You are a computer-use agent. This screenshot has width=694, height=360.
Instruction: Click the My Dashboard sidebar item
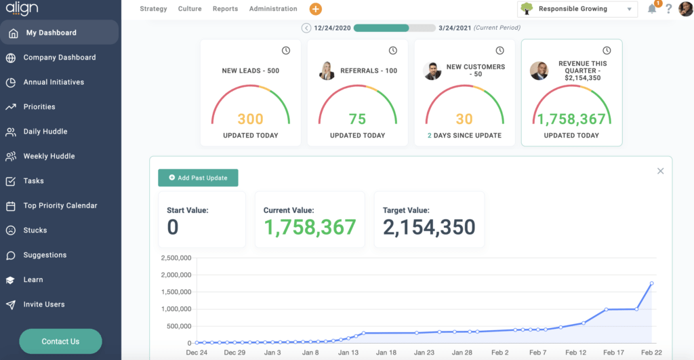pyautogui.click(x=51, y=33)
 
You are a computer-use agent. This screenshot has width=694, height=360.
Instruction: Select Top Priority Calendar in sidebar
pyautogui.click(x=60, y=205)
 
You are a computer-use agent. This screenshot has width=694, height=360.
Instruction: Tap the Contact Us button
pyautogui.click(x=60, y=341)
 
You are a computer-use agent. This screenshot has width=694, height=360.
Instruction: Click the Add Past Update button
pyautogui.click(x=198, y=178)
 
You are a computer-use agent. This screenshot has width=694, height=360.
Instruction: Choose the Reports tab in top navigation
pyautogui.click(x=225, y=9)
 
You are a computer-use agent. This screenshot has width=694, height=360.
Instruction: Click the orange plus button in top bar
pyautogui.click(x=315, y=9)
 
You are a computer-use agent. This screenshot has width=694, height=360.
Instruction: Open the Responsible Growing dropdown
pyautogui.click(x=577, y=9)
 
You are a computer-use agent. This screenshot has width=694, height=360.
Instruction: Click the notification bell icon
pyautogui.click(x=652, y=9)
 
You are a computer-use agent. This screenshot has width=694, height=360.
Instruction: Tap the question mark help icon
pyautogui.click(x=668, y=9)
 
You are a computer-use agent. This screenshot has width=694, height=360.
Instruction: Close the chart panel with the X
pyautogui.click(x=660, y=171)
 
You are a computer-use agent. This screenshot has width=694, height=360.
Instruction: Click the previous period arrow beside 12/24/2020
pyautogui.click(x=306, y=28)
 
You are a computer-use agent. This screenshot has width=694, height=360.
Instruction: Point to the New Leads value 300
pyautogui.click(x=250, y=119)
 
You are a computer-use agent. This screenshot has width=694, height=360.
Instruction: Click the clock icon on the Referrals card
pyautogui.click(x=392, y=51)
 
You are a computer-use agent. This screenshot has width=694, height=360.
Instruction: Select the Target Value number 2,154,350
pyautogui.click(x=429, y=228)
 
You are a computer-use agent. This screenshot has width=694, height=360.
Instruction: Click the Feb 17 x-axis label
pyautogui.click(x=613, y=353)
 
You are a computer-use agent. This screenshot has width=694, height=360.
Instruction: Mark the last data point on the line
pyautogui.click(x=651, y=283)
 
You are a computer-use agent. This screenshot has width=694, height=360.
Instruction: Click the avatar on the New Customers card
pyautogui.click(x=432, y=71)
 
